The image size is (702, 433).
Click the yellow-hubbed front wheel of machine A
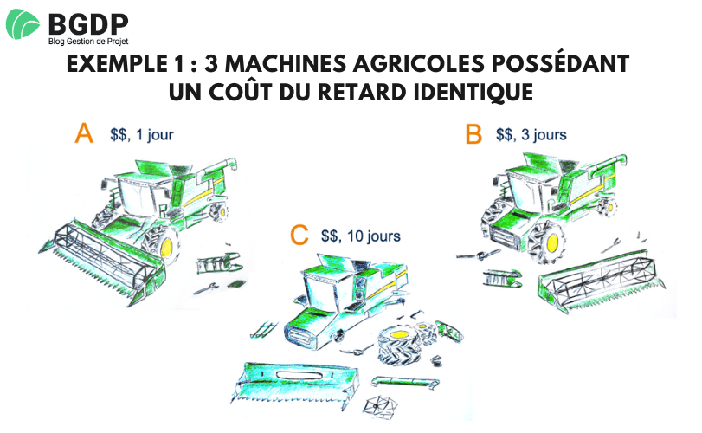coord(169,246)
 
